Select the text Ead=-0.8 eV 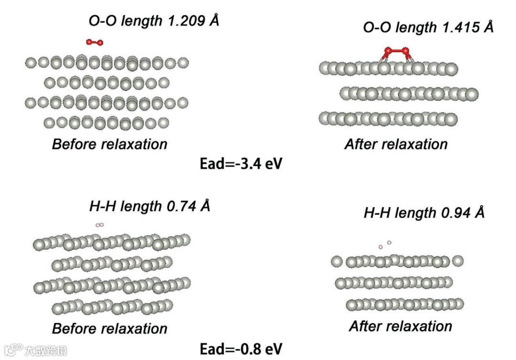coord(241,348)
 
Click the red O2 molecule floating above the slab coord(95,42)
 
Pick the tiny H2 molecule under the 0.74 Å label coord(99,224)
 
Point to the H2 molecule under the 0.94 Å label coord(385,244)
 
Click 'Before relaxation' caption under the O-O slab coord(109,144)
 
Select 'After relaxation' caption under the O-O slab coord(396,144)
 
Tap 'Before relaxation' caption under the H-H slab coord(109,328)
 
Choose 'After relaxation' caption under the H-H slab coord(400,326)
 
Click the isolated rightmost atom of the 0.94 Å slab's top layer coord(458,261)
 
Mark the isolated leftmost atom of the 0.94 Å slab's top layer coord(337,261)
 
